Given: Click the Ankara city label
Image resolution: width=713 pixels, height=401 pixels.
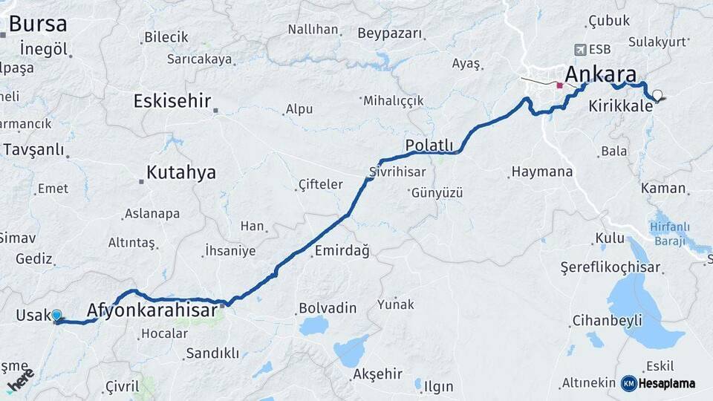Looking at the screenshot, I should click(601, 74).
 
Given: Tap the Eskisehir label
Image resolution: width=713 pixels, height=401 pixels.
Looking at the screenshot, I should click(172, 101).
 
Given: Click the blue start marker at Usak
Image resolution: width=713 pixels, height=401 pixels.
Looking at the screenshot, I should click(56, 316).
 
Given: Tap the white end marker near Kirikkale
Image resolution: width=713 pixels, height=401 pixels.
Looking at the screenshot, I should click(657, 95).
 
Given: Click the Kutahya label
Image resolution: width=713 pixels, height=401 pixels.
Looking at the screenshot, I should click(180, 173).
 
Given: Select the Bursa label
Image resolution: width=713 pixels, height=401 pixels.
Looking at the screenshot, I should click(37, 24).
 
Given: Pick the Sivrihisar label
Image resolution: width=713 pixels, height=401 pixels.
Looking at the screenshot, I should click(397, 172).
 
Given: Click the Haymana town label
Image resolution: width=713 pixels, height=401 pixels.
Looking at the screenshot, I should click(542, 172).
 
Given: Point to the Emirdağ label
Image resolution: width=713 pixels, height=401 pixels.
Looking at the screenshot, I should click(342, 251).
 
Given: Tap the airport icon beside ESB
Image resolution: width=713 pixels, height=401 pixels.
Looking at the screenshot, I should click(579, 49).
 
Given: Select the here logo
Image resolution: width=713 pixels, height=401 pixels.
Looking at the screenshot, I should click(20, 380).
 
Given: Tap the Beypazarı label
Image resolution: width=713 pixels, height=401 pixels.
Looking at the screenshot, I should click(389, 33).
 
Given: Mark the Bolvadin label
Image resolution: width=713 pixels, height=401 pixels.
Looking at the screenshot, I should click(328, 307).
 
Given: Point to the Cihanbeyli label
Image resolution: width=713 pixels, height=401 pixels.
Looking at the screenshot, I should click(607, 321).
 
